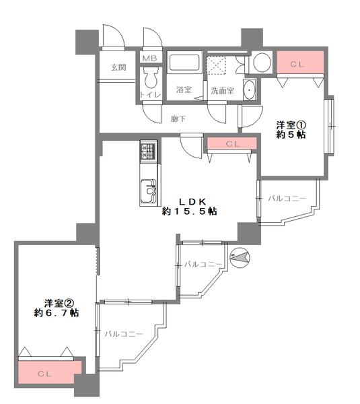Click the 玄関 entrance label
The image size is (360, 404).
point(118,67)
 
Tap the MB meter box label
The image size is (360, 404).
point(150,58)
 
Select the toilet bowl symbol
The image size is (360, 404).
point(151,77)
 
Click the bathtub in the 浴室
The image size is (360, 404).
point(184,63)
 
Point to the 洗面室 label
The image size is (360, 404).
point(223,91)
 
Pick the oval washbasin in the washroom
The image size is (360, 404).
point(249,90)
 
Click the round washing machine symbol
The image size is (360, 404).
point(262,63)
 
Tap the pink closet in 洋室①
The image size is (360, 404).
point(300,63)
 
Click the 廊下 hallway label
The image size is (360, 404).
point(178,119)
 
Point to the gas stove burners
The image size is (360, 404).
point(148,151)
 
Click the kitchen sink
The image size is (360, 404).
point(148,191)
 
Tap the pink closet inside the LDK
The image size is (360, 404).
point(231,143)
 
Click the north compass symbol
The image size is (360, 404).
point(240,258)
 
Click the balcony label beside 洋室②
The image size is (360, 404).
point(124,334)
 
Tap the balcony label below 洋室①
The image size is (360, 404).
point(287,199)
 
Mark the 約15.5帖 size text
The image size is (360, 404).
point(189,211)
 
